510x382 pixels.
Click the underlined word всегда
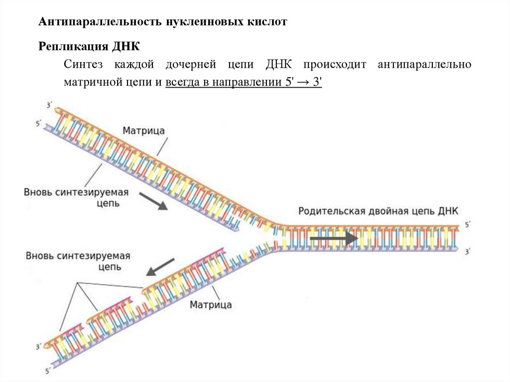(181, 82)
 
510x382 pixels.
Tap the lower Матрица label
(210, 304)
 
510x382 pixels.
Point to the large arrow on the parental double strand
(334, 239)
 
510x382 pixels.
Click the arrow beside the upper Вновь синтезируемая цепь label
(152, 201)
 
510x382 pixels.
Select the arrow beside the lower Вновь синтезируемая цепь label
(160, 266)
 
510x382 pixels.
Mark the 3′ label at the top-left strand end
(49, 105)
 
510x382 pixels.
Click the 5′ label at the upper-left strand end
(39, 122)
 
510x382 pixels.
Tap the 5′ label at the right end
(467, 225)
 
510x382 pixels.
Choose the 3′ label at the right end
(467, 252)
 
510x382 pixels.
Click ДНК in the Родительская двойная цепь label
(448, 211)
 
